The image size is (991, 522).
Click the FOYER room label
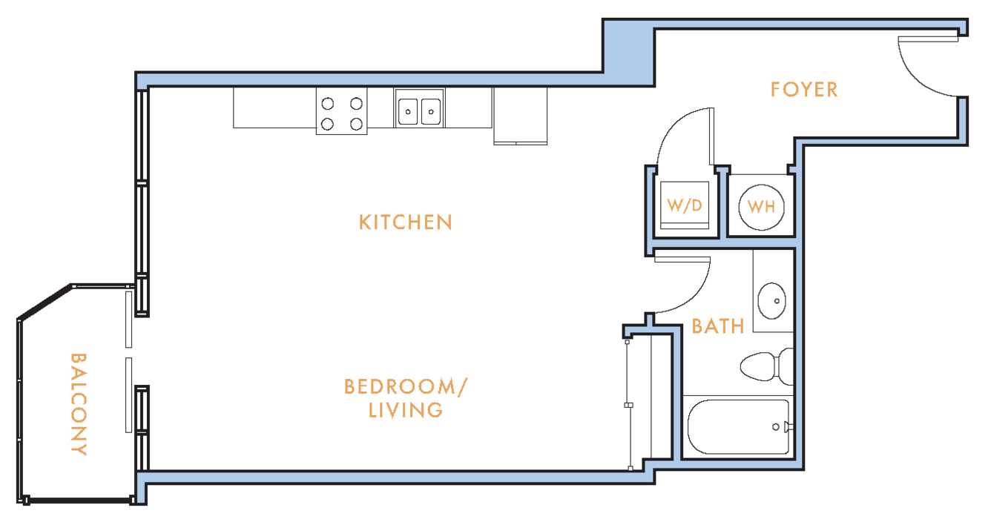coord(804,90)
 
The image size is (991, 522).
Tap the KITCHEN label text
coord(405,222)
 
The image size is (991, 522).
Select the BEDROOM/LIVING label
coord(406,399)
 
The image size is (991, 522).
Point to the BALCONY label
coord(79,404)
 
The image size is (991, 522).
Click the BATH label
coord(718,326)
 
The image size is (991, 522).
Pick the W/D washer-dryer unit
coord(685,205)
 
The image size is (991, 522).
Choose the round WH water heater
coord(761,207)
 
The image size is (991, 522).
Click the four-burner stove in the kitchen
coord(341,111)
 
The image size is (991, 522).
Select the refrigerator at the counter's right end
coord(520,116)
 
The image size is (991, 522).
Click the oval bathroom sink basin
coord(772,301)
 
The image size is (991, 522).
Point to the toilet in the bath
coord(767,367)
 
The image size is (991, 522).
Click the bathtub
coord(738,427)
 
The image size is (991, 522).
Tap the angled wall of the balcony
coord(45,302)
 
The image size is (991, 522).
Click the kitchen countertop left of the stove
coord(274,108)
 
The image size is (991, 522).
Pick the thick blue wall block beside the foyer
coord(629,53)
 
